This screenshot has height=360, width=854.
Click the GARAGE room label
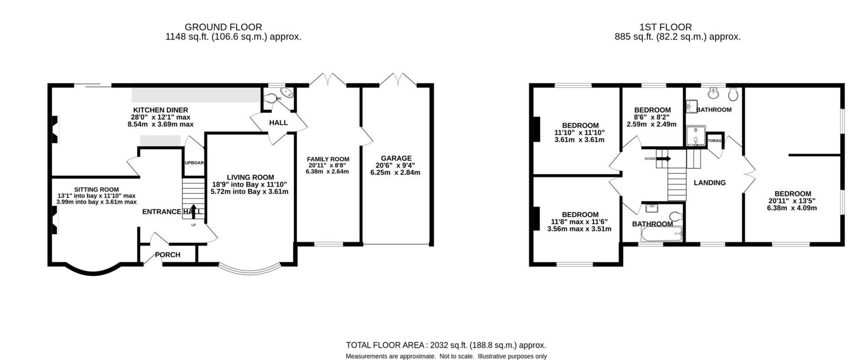coord(396,158)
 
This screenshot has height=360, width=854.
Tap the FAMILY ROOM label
coord(328,159)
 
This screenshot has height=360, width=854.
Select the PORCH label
coord(168,255)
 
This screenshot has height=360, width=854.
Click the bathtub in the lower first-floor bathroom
coord(661,234)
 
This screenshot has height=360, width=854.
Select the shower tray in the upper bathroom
coord(696,136)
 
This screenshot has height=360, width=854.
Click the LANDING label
coord(709,182)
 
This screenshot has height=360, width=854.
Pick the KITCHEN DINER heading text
coord(161,110)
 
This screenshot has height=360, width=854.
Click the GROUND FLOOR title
coord(223,27)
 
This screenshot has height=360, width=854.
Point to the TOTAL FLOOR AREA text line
coord(446,345)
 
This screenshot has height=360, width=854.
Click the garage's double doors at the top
coord(398,80)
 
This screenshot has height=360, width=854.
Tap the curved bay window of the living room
coord(250,271)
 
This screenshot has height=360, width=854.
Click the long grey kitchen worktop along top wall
coord(196,95)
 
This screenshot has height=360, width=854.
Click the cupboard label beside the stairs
coord(194,163)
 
